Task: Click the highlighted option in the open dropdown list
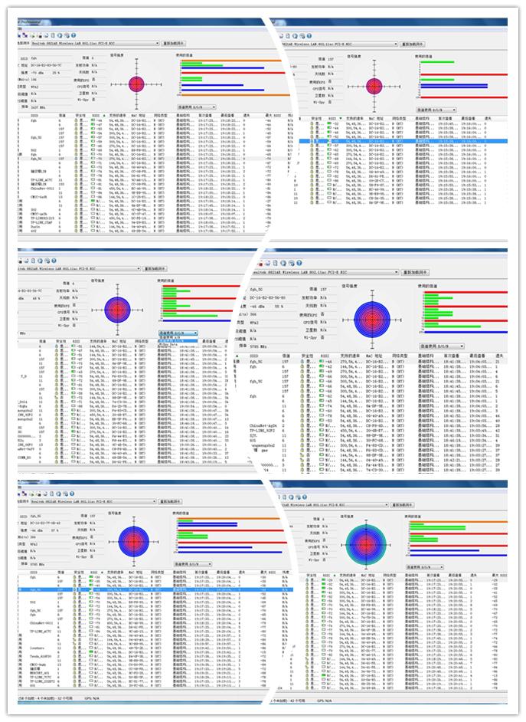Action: click(177, 337)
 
